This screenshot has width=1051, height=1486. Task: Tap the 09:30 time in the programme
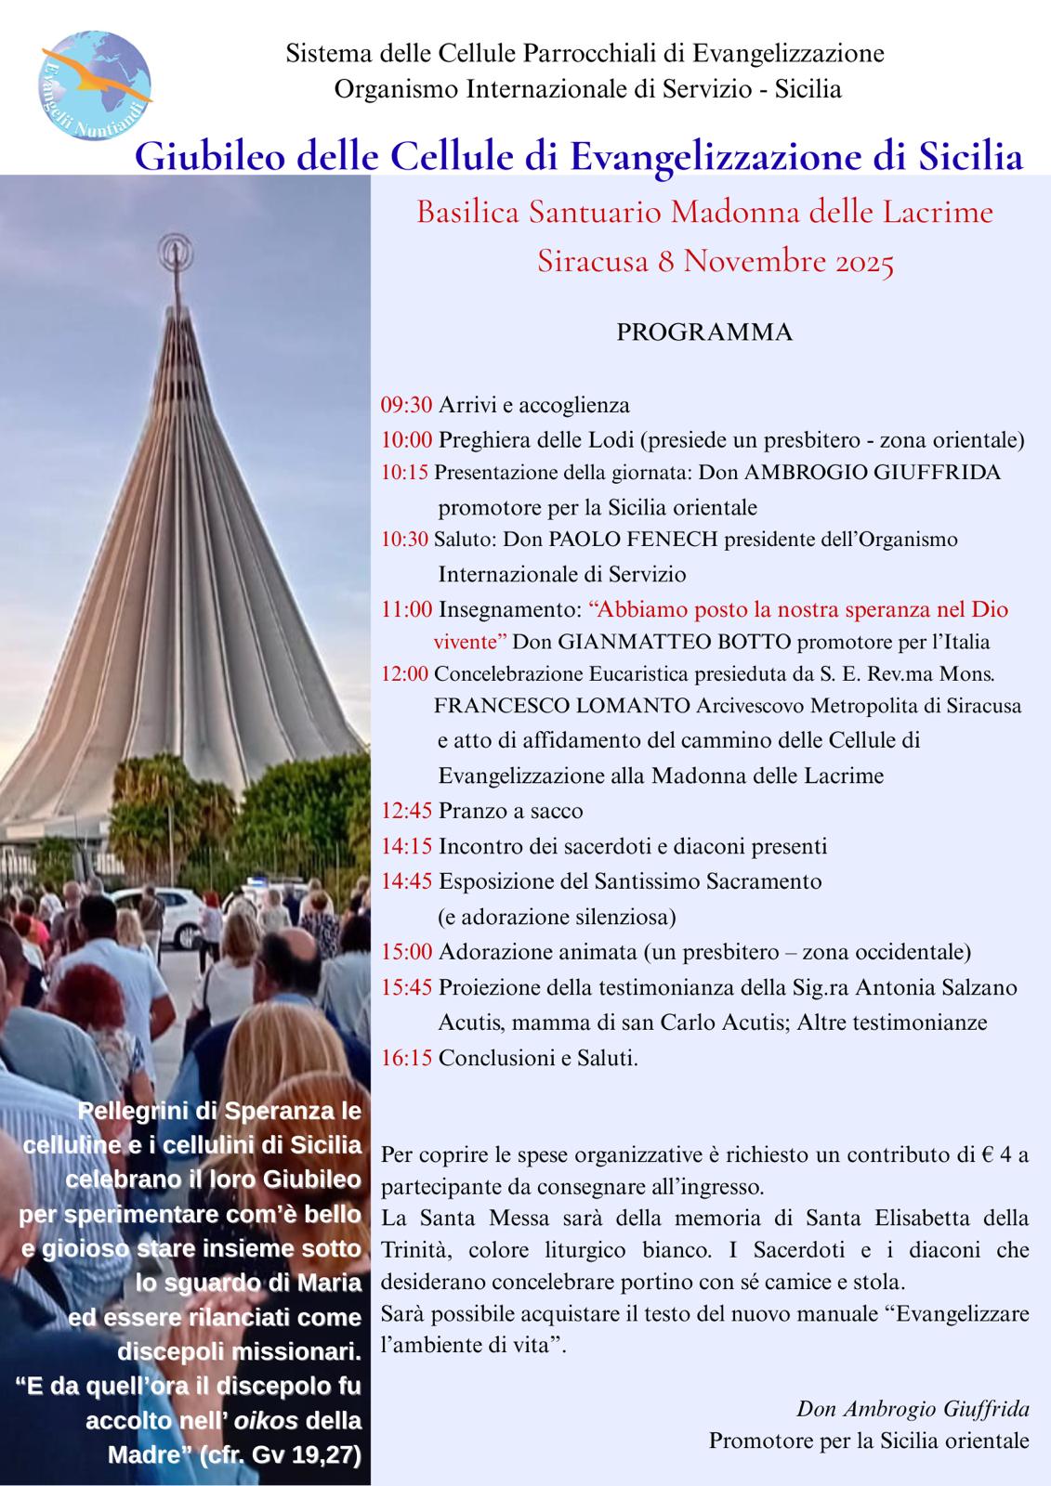pos(406,405)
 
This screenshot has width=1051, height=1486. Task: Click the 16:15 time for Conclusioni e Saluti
pos(406,1058)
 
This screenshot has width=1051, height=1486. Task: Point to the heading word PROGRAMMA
pos(704,332)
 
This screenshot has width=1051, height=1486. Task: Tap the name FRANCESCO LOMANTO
pos(560,706)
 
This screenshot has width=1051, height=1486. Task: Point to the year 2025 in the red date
pos(858,263)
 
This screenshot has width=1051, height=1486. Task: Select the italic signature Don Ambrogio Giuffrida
pos(913,1409)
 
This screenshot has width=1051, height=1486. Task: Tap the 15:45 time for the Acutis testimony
pos(406,987)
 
